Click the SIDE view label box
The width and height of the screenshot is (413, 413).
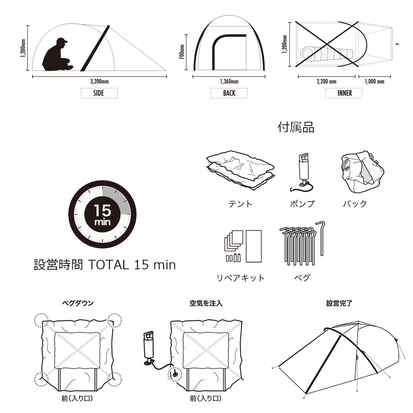coord(99,93)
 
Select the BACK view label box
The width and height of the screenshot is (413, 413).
coord(229,93)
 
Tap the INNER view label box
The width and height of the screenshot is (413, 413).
coord(344,93)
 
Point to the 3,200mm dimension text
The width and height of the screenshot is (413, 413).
coord(99,81)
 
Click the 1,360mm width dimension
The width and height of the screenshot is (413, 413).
coord(229,81)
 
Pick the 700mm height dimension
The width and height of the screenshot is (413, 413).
coord(182,52)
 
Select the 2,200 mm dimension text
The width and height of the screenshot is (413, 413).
coord(327,81)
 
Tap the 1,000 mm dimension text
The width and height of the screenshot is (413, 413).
coord(374,81)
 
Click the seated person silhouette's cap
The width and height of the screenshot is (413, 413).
coord(62,40)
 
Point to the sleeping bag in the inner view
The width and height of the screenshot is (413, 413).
coord(327,54)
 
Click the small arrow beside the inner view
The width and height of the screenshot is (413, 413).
coord(398,44)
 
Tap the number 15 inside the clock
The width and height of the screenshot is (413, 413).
coord(102,211)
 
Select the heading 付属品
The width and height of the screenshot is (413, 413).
coord(296,127)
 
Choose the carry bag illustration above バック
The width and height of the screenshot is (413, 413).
coord(363,171)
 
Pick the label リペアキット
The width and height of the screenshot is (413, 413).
coord(240,278)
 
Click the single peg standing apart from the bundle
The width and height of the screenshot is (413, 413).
coord(321,238)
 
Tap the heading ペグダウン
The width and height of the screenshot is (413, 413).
coord(78,303)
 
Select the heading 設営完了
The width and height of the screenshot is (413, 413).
coord(339,303)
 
